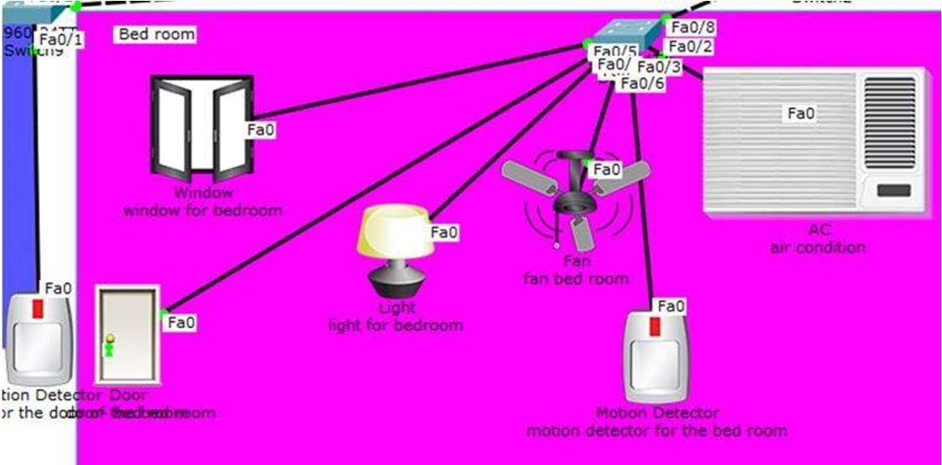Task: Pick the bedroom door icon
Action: pyautogui.click(x=127, y=334)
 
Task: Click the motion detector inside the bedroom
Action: pyautogui.click(x=658, y=357)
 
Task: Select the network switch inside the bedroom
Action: pyautogui.click(x=624, y=38)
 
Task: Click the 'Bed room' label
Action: pyautogui.click(x=157, y=34)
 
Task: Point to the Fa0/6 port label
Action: pyautogui.click(x=643, y=83)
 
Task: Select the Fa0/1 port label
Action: pyautogui.click(x=61, y=39)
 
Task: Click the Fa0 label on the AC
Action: pyautogui.click(x=801, y=113)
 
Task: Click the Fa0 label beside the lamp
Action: pyautogui.click(x=445, y=232)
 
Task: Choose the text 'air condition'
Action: pyautogui.click(x=817, y=247)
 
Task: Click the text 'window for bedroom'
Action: pyautogui.click(x=203, y=210)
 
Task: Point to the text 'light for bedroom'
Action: pyautogui.click(x=395, y=325)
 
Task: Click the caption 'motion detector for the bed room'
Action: pyautogui.click(x=656, y=431)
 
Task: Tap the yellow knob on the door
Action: pyautogui.click(x=108, y=338)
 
